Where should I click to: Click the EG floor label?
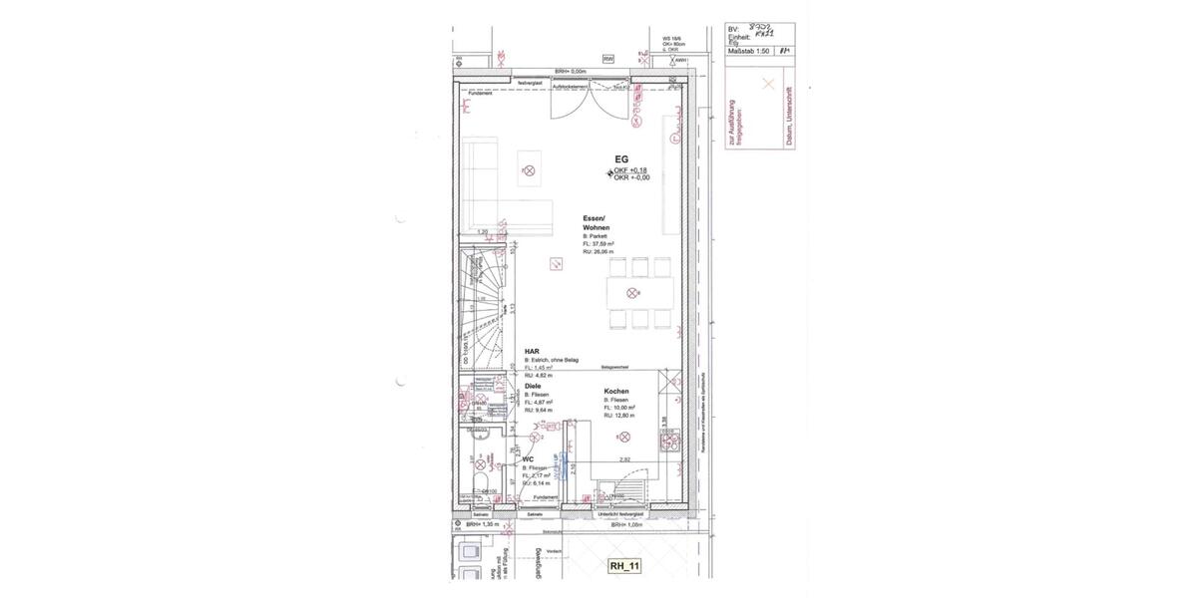click(x=620, y=158)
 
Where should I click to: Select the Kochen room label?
click(x=616, y=392)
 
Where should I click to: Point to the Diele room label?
click(x=533, y=385)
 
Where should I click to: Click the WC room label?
click(x=529, y=459)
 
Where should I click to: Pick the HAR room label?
click(x=532, y=351)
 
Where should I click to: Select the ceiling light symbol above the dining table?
click(x=630, y=292)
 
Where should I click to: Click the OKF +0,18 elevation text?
click(x=630, y=170)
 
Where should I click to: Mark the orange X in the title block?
click(x=767, y=85)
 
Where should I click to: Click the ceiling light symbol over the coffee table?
click(x=529, y=171)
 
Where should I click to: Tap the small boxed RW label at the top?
click(x=608, y=60)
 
